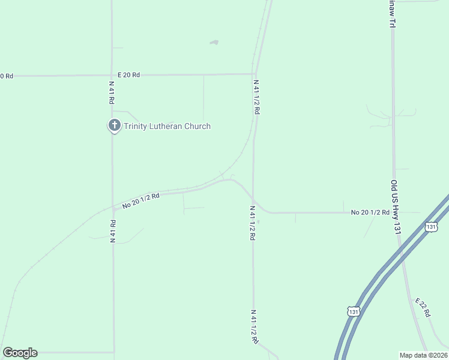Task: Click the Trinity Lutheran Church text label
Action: (x=167, y=126)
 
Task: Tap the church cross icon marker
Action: (x=114, y=125)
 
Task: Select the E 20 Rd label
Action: (x=128, y=74)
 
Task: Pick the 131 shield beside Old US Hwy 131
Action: (x=431, y=226)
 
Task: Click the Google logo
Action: (x=20, y=353)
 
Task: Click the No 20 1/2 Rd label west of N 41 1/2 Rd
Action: (x=140, y=200)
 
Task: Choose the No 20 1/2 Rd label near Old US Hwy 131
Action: (x=370, y=212)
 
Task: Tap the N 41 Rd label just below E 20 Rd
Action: (x=112, y=92)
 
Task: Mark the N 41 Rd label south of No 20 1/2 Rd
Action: (x=112, y=230)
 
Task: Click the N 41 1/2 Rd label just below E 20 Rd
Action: (x=256, y=97)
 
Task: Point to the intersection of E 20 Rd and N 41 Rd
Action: (x=112, y=76)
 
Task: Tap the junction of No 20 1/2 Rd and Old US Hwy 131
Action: (x=395, y=212)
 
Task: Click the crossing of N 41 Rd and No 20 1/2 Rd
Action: (x=112, y=209)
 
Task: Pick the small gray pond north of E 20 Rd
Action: (x=214, y=43)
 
